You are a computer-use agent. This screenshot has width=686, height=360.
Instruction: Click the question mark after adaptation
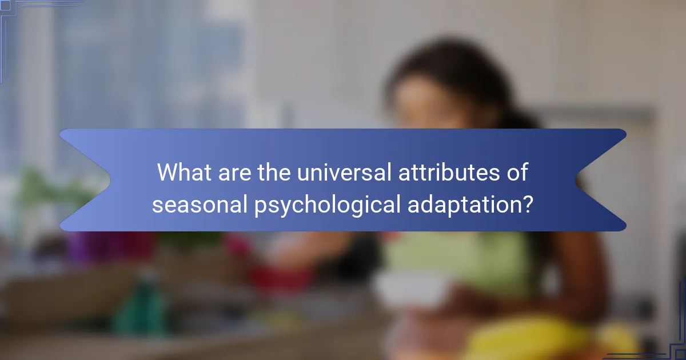[528, 203]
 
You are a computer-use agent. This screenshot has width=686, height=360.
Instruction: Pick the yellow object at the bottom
[532, 337]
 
